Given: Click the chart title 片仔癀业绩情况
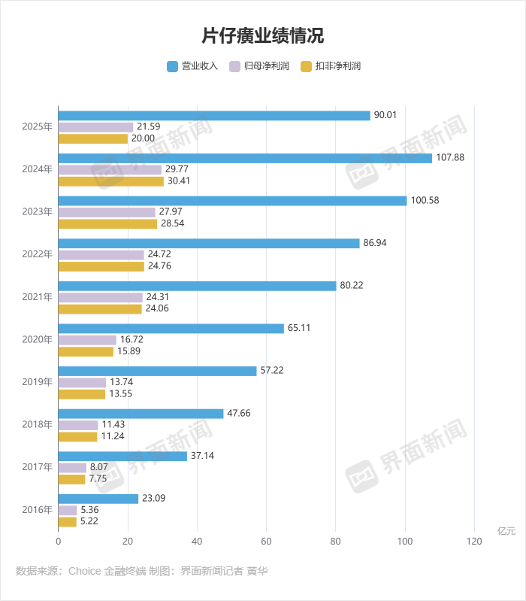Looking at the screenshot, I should pos(262,35).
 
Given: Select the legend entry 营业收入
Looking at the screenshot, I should pos(192,66).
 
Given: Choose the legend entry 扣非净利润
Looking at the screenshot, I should pos(331,66).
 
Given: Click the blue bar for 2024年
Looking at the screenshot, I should pos(245,158).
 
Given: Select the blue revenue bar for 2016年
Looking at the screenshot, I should pos(98,498).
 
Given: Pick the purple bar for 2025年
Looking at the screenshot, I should pos(95,127).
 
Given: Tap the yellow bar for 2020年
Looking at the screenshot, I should pos(86,351).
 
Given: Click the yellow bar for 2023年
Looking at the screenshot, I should pos(107,224).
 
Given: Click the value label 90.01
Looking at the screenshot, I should pos(385,115).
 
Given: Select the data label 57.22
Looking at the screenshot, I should pos(271,371).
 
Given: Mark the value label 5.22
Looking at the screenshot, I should pos(90,521).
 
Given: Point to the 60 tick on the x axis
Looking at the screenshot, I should pos(266,541).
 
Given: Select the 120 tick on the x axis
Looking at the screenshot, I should pos(474,541).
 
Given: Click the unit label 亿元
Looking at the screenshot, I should pos(506,531).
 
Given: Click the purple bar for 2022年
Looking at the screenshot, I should pos(101,255).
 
